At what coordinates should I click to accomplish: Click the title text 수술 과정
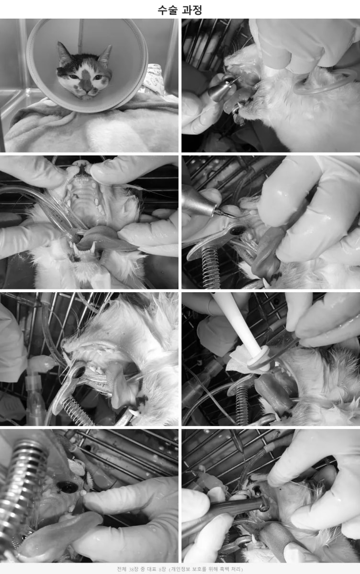pos(180,10)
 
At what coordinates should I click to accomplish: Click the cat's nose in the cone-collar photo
pos(87,90)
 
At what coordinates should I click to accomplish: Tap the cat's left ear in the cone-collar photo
pos(105,55)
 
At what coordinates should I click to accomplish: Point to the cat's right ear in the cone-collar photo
pos(63,54)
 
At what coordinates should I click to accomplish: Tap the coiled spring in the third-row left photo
pos(77,412)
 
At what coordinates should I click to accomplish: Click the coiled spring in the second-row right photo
pos(210,266)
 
